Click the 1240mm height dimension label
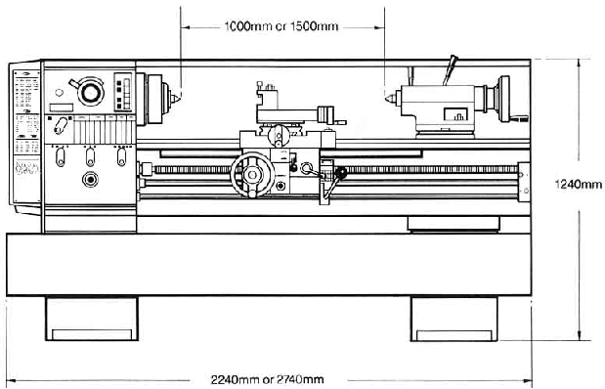point(578,185)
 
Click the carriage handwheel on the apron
point(252,175)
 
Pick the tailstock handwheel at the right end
point(503,99)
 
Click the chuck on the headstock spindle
point(154,99)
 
